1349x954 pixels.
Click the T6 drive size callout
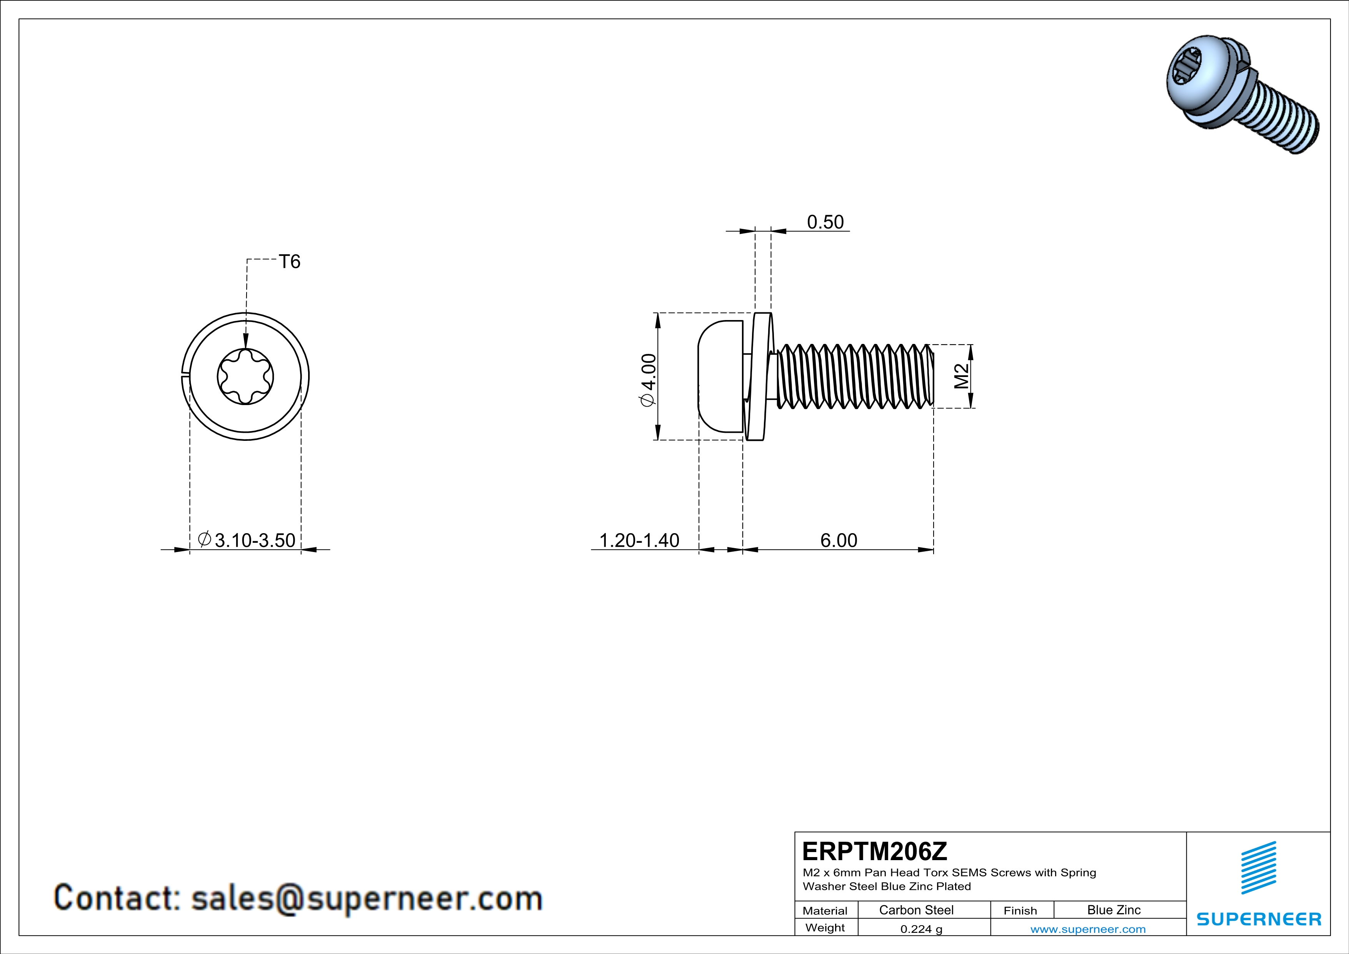tap(289, 262)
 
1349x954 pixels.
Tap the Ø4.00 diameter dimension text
tap(649, 380)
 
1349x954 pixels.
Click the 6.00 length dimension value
tap(839, 540)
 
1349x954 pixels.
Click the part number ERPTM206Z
tap(874, 851)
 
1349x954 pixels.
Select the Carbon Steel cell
tap(916, 910)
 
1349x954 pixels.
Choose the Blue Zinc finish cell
tap(1113, 910)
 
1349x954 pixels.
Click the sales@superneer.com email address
tap(367, 898)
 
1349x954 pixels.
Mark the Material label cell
tap(825, 911)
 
